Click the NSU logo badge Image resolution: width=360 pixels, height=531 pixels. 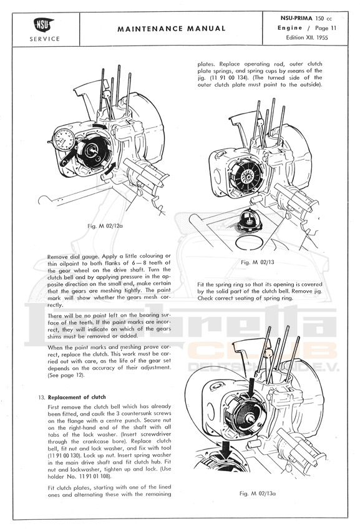coord(44,24)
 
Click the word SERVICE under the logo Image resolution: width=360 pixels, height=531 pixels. coord(44,39)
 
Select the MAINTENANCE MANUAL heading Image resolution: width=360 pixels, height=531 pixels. coord(172,29)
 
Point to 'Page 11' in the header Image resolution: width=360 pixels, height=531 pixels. coord(326,28)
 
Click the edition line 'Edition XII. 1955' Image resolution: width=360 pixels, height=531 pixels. coord(307,37)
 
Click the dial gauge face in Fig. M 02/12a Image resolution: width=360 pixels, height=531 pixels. coord(64,140)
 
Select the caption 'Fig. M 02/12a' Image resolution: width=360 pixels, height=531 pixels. coord(105,226)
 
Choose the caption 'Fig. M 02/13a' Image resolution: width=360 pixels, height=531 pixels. coord(258,494)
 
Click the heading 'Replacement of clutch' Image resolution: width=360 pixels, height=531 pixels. coord(77,397)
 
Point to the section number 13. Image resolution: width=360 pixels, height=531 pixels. coord(42,397)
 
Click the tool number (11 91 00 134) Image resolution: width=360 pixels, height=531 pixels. coord(229,77)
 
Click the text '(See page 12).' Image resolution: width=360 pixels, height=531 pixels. coord(66,375)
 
